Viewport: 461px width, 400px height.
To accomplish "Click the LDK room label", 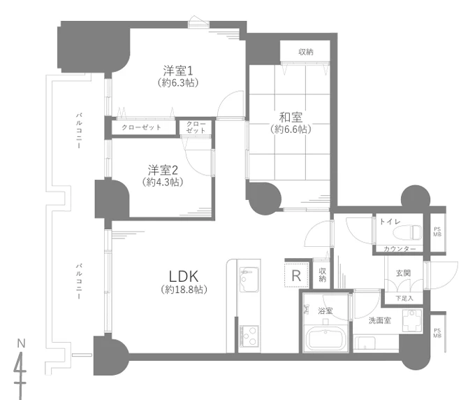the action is pyautogui.click(x=184, y=276).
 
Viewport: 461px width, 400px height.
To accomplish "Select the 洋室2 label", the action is pyautogui.click(x=163, y=170).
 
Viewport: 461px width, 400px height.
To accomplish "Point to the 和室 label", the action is pyautogui.click(x=291, y=117).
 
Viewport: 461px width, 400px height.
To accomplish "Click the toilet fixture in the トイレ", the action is pyautogui.click(x=407, y=232).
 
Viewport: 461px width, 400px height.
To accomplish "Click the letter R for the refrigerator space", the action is pyautogui.click(x=296, y=276).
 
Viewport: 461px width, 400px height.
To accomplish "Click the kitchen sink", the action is pyautogui.click(x=249, y=279).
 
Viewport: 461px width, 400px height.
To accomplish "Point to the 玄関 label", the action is pyautogui.click(x=403, y=273).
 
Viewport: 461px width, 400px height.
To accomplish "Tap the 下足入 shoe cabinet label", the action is pyautogui.click(x=404, y=298).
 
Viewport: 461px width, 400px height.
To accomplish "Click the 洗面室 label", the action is pyautogui.click(x=380, y=320).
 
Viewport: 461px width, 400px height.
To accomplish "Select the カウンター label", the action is pyautogui.click(x=400, y=249).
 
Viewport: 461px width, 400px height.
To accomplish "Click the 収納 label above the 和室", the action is pyautogui.click(x=306, y=52).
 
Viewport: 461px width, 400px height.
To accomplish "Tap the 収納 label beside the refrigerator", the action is pyautogui.click(x=322, y=275).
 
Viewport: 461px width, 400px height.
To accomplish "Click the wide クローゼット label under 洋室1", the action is pyautogui.click(x=141, y=127).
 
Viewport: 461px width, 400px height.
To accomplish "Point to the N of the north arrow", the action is pyautogui.click(x=21, y=343).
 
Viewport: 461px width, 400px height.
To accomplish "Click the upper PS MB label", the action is pyautogui.click(x=437, y=231).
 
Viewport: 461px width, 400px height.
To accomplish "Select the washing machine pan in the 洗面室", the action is pyautogui.click(x=412, y=320).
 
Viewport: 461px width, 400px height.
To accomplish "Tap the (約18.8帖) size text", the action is pyautogui.click(x=184, y=290).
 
